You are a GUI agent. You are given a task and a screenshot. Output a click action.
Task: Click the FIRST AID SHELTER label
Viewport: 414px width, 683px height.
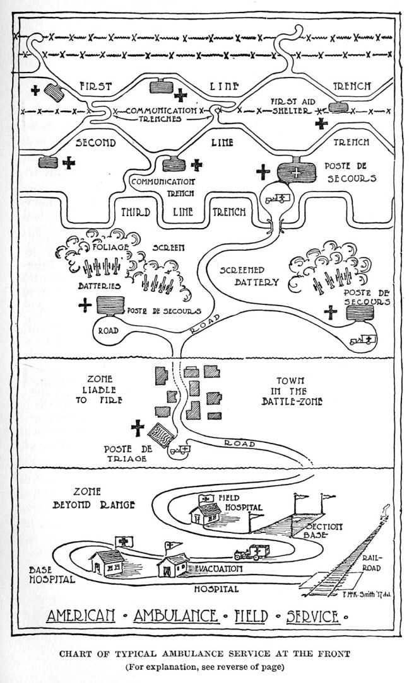click(x=291, y=105)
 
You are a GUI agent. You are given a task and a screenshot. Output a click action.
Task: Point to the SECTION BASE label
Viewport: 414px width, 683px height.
click(x=323, y=531)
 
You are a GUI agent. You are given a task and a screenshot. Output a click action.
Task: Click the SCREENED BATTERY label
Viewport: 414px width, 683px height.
click(x=249, y=276)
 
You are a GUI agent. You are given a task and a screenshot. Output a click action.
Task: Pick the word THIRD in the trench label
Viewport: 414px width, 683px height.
click(x=135, y=212)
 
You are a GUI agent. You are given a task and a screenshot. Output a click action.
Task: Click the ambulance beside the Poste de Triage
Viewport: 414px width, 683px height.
click(x=181, y=449)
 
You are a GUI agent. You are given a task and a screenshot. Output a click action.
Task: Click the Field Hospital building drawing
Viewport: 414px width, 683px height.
click(x=206, y=512)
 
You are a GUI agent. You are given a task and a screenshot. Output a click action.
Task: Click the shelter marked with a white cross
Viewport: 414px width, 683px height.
click(x=293, y=172)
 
